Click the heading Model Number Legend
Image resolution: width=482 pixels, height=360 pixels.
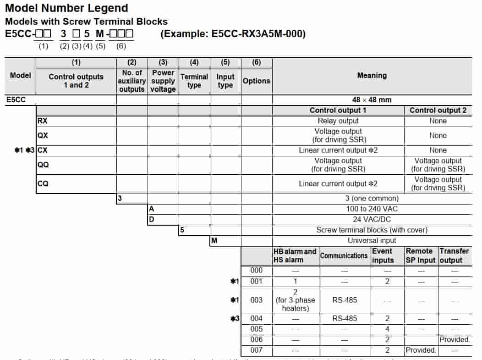pyautogui.click(x=66, y=8)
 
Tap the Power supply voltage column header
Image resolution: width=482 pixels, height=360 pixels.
pyautogui.click(x=163, y=81)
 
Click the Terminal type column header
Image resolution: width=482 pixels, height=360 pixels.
pyautogui.click(x=194, y=81)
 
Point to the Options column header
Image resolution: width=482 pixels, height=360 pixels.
pyautogui.click(x=257, y=81)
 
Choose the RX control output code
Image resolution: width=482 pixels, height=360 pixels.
pyautogui.click(x=43, y=121)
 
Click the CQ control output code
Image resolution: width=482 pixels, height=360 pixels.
pyautogui.click(x=43, y=183)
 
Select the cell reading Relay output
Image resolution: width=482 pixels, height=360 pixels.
pyautogui.click(x=338, y=121)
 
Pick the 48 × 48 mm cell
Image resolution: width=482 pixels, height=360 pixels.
pyautogui.click(x=372, y=100)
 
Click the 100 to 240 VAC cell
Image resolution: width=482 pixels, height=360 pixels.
pyautogui.click(x=372, y=209)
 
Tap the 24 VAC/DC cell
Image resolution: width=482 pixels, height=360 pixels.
pyautogui.click(x=372, y=219)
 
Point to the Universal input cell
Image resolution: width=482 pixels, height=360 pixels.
pyautogui.click(x=372, y=240)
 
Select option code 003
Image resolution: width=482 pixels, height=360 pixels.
pyautogui.click(x=257, y=300)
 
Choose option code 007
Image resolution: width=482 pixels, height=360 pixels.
pyautogui.click(x=257, y=350)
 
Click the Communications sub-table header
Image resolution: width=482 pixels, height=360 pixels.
pyautogui.click(x=344, y=255)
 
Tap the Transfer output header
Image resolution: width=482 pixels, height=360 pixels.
pyautogui.click(x=454, y=255)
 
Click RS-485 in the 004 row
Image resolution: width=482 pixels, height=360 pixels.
pyautogui.click(x=345, y=318)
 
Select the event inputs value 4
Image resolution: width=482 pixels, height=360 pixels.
pyautogui.click(x=387, y=329)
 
